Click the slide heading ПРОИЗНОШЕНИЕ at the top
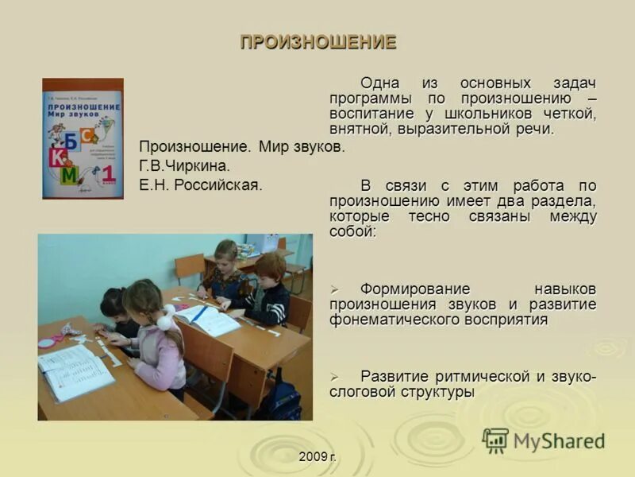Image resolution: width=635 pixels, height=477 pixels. pyautogui.click(x=317, y=43)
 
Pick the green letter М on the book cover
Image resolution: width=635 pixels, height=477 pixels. pyautogui.click(x=70, y=174)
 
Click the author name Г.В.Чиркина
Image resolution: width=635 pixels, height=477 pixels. pyautogui.click(x=184, y=166)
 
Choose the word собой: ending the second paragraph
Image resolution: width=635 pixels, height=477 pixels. pyautogui.click(x=353, y=232)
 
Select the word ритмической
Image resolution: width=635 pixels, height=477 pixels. pyautogui.click(x=471, y=376)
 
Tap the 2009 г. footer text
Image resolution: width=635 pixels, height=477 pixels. pyautogui.click(x=318, y=456)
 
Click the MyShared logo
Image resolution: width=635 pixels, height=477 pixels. pyautogui.click(x=544, y=440)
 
